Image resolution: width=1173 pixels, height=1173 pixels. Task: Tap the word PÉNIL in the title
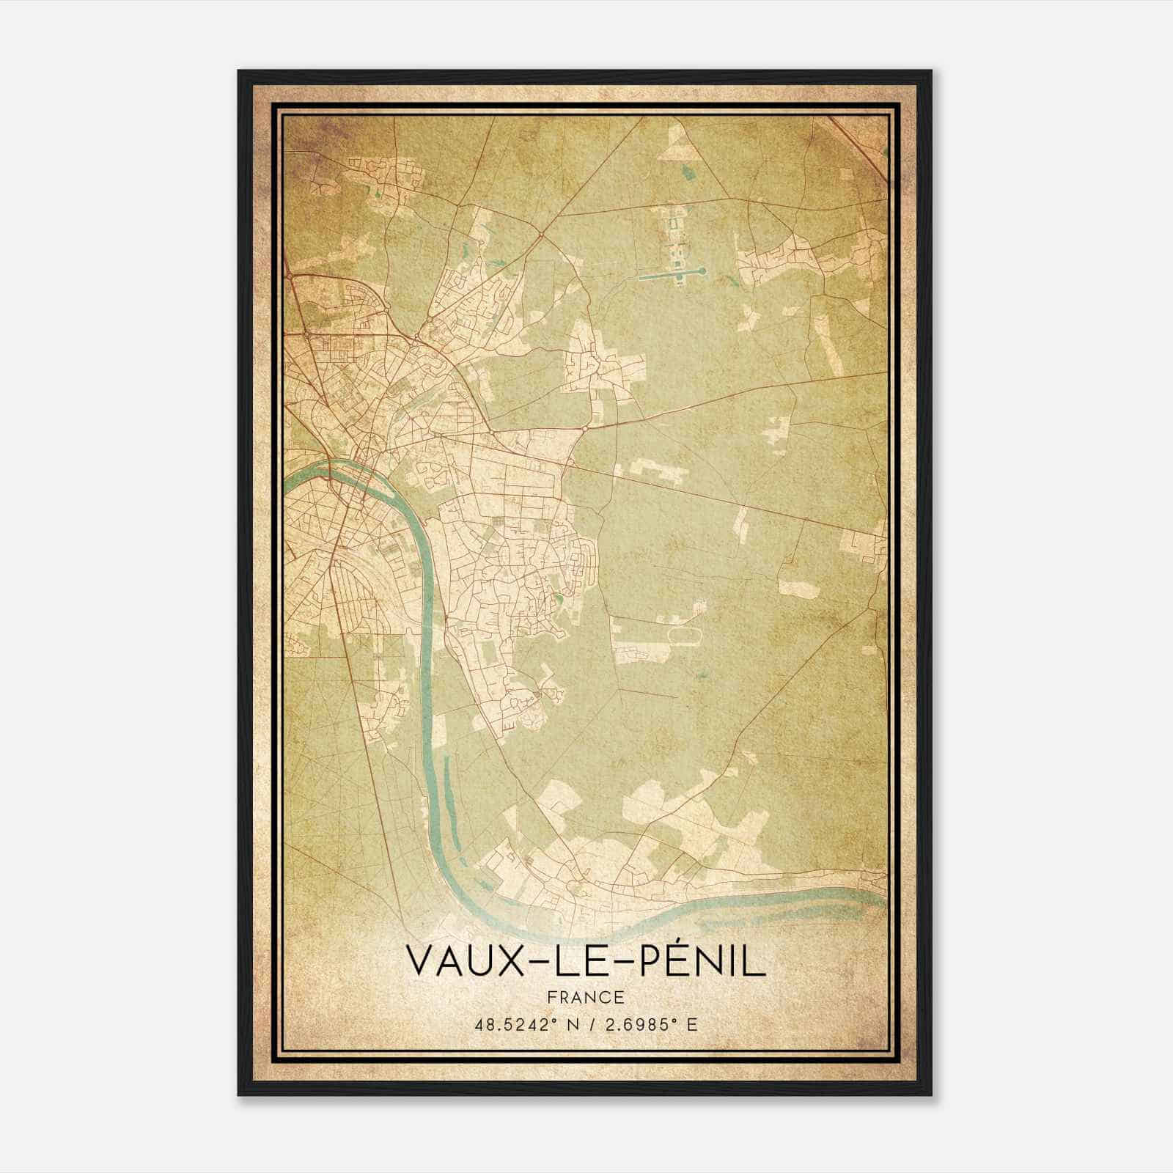click(703, 962)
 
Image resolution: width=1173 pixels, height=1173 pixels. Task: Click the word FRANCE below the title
click(586, 997)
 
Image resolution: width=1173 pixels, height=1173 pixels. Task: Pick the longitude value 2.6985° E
click(649, 1024)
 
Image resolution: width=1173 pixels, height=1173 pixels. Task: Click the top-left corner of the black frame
click(240, 72)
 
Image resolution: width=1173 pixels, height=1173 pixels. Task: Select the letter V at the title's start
click(419, 962)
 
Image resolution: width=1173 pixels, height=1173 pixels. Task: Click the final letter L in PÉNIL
click(757, 962)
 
